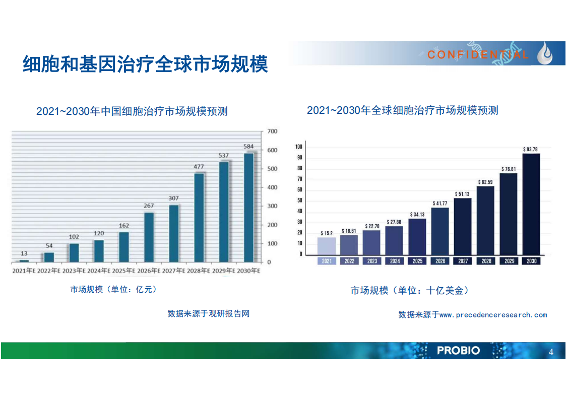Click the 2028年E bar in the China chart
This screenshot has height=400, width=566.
click(x=199, y=218)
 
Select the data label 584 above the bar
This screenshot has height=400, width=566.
click(x=248, y=147)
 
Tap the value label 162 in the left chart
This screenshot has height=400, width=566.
click(x=124, y=225)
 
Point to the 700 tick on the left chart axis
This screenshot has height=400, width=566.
click(x=272, y=131)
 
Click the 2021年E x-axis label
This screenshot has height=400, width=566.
click(x=24, y=271)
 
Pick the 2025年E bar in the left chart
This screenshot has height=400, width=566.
click(x=124, y=247)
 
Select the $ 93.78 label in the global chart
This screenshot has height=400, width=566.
click(x=530, y=149)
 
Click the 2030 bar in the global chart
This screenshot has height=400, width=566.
click(x=531, y=204)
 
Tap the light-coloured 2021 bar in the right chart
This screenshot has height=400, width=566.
click(x=327, y=246)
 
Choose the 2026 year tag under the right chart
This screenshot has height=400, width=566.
click(x=440, y=261)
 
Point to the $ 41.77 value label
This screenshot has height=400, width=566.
click(x=440, y=204)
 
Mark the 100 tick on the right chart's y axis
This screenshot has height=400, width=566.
click(x=299, y=147)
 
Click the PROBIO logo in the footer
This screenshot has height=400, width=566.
click(x=458, y=351)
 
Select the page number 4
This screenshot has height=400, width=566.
click(x=551, y=352)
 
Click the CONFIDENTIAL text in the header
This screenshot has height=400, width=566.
click(x=478, y=55)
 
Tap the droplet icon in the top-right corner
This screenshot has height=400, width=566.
click(x=545, y=53)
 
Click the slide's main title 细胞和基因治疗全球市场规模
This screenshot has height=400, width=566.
click(x=145, y=64)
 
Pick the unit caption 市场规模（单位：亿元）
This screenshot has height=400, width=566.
click(x=113, y=289)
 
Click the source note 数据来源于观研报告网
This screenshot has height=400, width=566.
click(x=209, y=313)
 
